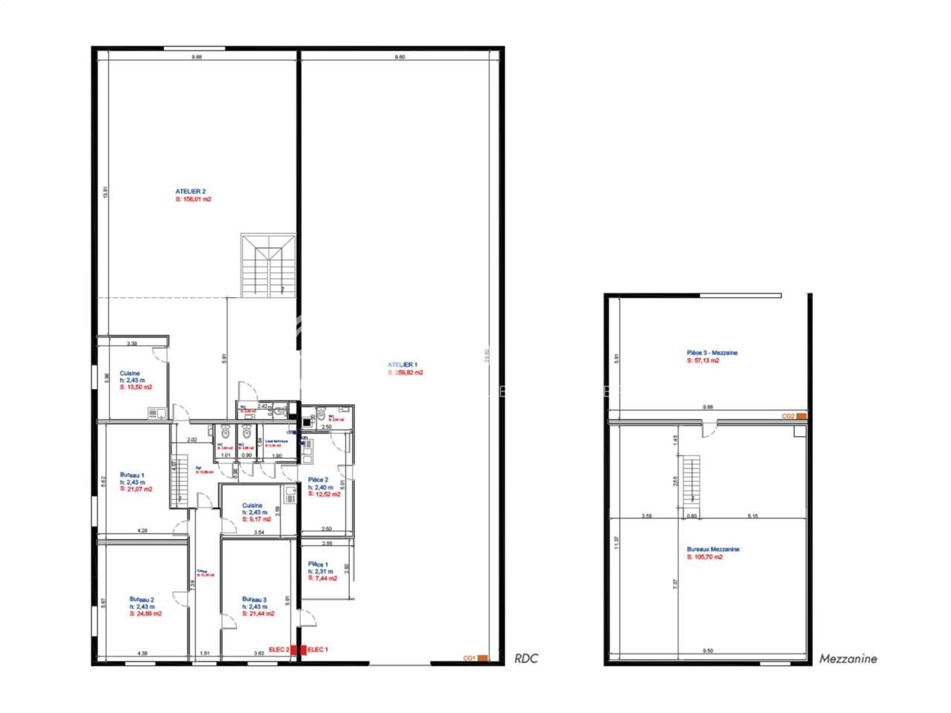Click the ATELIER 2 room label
point(186,192)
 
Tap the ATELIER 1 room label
point(403,365)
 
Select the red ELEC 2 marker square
point(294,649)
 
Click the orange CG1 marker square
point(482,657)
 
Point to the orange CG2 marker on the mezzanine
point(801,417)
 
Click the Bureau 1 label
point(132,475)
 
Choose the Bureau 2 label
point(141,599)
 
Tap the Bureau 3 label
point(254,599)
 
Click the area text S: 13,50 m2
point(136,387)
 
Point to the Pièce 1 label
point(318,564)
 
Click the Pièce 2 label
point(318,480)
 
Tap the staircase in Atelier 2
point(267,266)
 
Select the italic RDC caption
point(526,658)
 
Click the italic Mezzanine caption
point(848,658)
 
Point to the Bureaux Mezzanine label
point(713,550)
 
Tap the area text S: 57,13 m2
point(703,360)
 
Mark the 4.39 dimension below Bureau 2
point(142,654)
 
